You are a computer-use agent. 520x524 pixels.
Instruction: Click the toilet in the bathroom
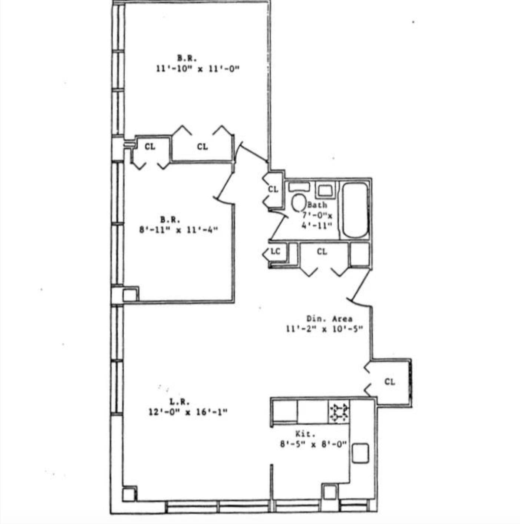[298, 202]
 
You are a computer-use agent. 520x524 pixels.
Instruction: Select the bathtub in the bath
[355, 210]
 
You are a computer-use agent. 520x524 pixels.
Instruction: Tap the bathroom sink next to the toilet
[325, 190]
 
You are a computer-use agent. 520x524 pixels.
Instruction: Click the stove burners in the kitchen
[339, 412]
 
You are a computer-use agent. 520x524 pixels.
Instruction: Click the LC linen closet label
[275, 251]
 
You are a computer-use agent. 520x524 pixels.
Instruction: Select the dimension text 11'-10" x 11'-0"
[197, 69]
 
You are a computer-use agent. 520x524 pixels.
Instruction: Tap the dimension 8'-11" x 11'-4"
[178, 230]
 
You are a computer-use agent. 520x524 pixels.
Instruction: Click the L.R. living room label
[180, 401]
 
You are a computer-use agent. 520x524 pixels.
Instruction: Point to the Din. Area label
[329, 318]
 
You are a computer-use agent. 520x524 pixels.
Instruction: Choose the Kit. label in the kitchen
[306, 433]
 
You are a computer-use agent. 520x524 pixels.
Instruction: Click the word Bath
[317, 205]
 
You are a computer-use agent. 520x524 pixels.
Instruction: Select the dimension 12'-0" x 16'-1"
[188, 412]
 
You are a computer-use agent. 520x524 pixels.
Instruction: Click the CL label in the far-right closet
[389, 382]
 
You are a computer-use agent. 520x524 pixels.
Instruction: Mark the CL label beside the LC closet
[322, 252]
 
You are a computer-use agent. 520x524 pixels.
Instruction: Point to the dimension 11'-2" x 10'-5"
[324, 329]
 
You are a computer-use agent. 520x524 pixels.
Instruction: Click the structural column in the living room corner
[129, 494]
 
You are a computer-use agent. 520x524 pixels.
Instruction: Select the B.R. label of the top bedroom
[187, 58]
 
